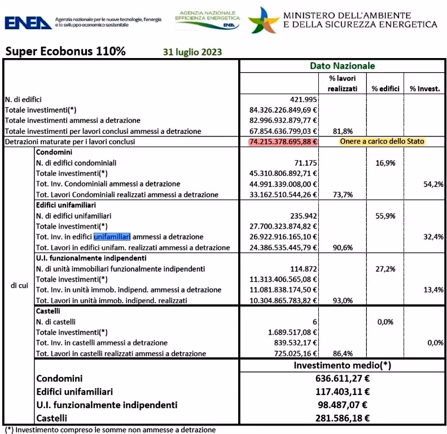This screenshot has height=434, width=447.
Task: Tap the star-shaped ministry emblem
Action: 263,20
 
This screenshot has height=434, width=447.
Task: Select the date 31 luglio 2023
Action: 192,52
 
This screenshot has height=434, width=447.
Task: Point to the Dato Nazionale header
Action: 342,66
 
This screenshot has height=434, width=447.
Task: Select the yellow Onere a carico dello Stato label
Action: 382,141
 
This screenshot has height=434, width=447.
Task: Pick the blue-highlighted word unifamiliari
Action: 112,237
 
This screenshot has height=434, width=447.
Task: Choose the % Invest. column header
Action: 425,88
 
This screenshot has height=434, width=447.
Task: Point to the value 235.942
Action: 303,215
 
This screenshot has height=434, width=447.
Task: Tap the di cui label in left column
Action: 20,285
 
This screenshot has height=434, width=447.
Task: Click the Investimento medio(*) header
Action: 342,365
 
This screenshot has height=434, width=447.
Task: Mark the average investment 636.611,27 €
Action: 342,379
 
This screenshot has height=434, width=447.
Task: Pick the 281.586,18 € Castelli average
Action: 342,418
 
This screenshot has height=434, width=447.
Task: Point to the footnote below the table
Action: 111,429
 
